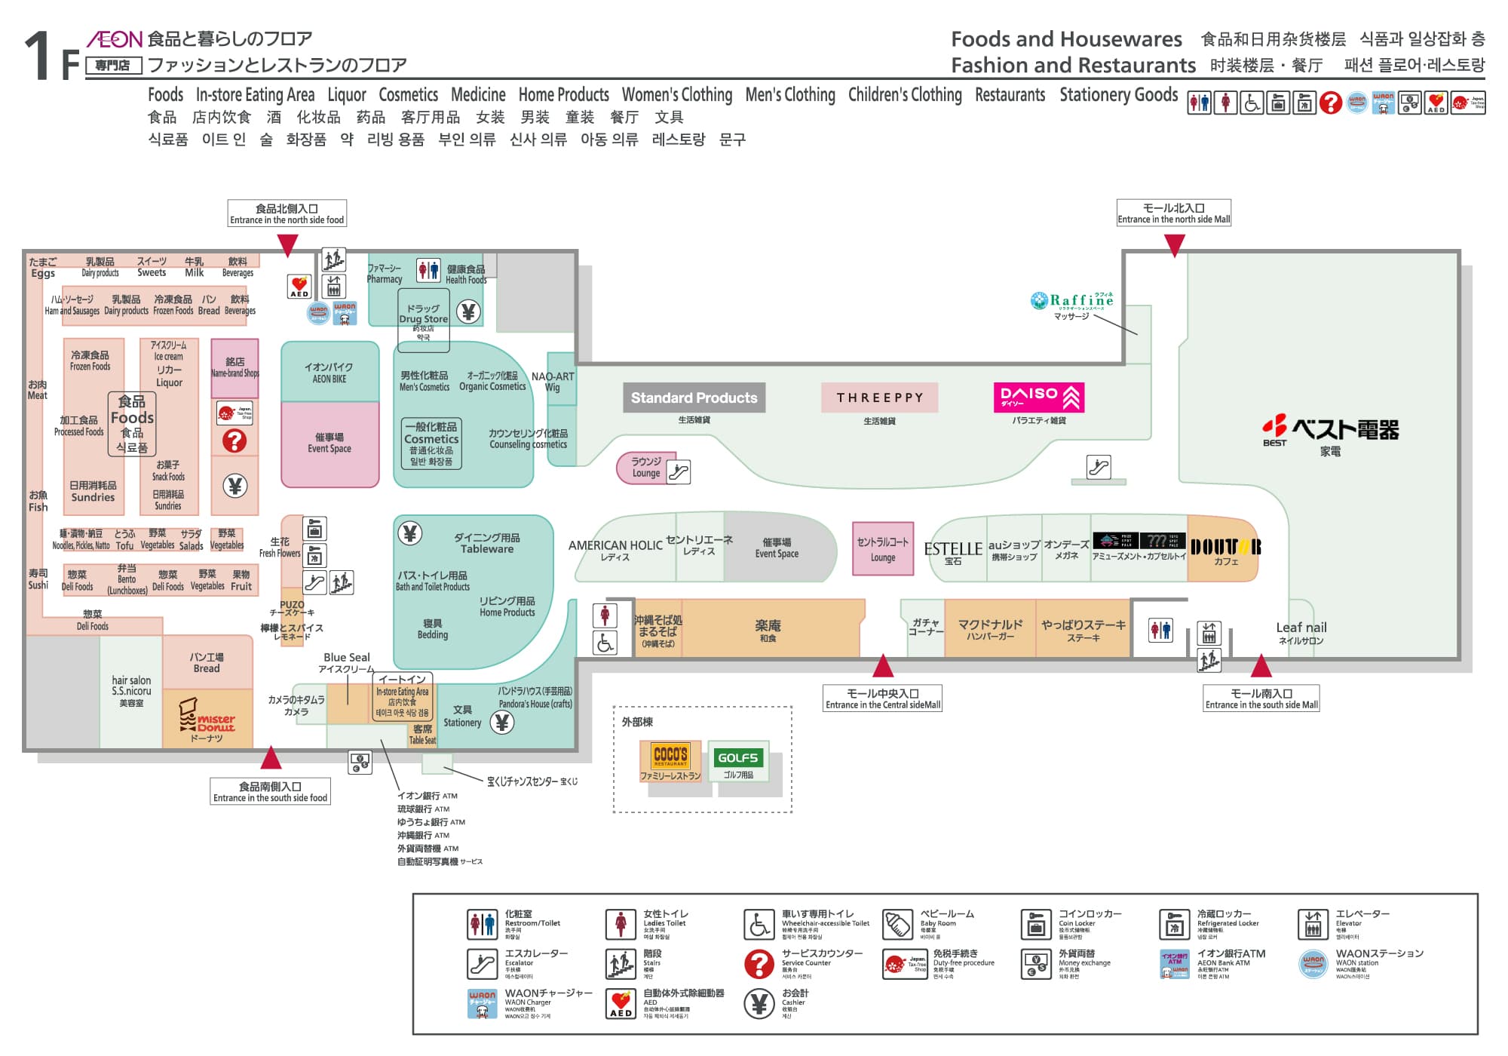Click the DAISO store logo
pyautogui.click(x=1039, y=398)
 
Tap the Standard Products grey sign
pyautogui.click(x=694, y=398)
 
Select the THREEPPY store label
pyautogui.click(x=880, y=398)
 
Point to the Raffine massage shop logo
pyautogui.click(x=1072, y=300)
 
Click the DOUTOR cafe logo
pyautogui.click(x=1225, y=547)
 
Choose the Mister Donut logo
pyautogui.click(x=207, y=719)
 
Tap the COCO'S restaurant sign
pyautogui.click(x=670, y=755)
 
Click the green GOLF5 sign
pyautogui.click(x=737, y=757)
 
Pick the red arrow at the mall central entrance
pyautogui.click(x=883, y=667)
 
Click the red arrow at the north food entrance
pyautogui.click(x=287, y=244)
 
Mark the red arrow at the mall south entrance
pyautogui.click(x=1261, y=667)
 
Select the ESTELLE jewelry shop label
pyautogui.click(x=953, y=549)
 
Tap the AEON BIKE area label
pyautogui.click(x=329, y=373)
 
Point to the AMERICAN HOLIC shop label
pyautogui.click(x=615, y=545)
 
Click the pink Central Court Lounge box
pyautogui.click(x=883, y=548)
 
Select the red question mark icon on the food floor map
pyautogui.click(x=234, y=441)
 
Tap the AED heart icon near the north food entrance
pyautogui.click(x=299, y=287)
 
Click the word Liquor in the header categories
pyautogui.click(x=346, y=95)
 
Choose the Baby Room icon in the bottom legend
pyautogui.click(x=897, y=924)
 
